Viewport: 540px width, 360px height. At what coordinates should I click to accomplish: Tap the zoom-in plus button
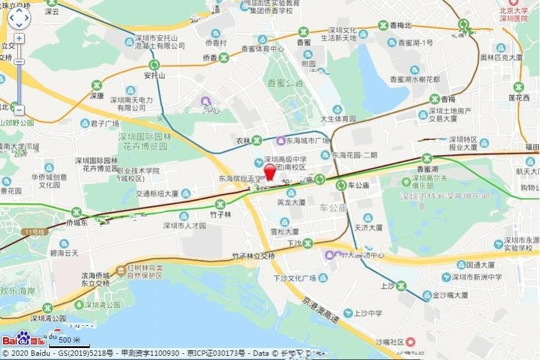pos(19,38)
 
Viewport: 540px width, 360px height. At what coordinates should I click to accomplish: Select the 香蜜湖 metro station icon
pos(427,158)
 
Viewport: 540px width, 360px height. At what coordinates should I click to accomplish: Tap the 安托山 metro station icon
pos(154,65)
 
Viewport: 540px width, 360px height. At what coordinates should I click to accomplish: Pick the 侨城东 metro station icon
pos(77,212)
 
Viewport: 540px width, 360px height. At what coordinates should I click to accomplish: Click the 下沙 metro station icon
pos(308,243)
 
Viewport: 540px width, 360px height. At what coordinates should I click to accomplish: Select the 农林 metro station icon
pos(257,140)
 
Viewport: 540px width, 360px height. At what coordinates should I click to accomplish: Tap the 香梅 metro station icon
pos(434,99)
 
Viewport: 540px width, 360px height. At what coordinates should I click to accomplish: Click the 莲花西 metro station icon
pos(518,86)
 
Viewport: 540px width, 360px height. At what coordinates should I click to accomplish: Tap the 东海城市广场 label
pos(307,140)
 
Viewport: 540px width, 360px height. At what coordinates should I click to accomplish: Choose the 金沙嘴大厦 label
pos(445,295)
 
